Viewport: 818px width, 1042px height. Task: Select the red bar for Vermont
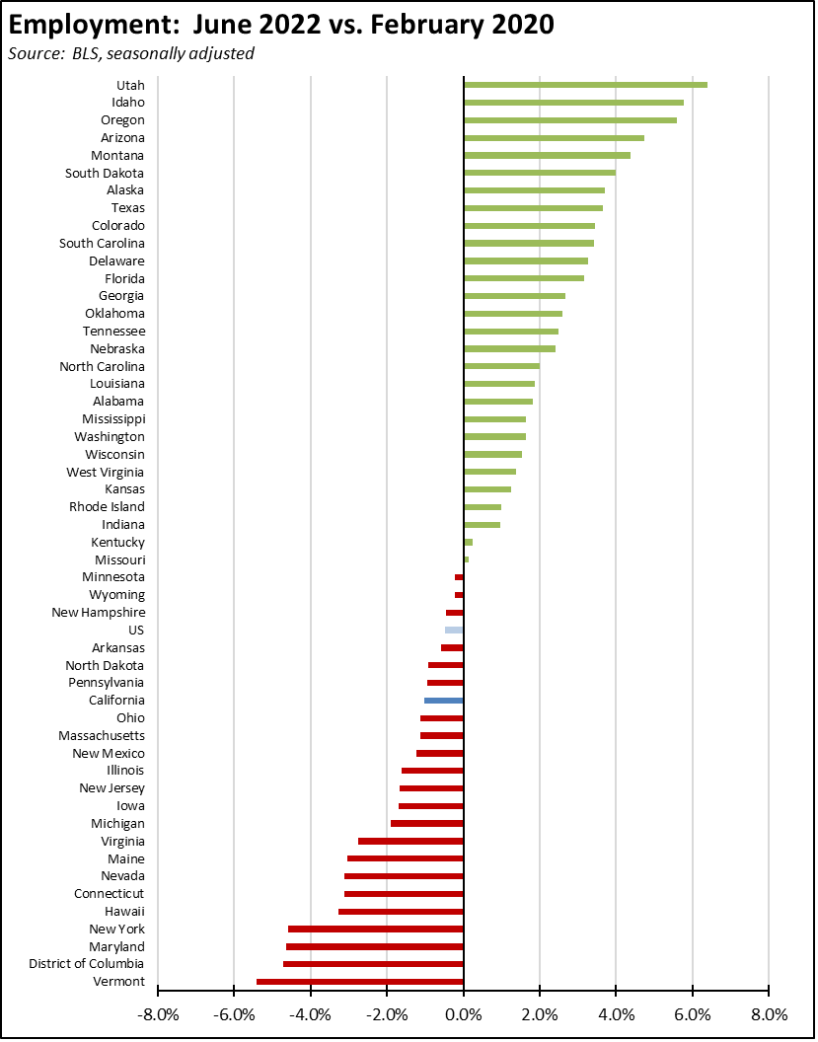tap(360, 982)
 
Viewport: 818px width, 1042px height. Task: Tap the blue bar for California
tap(444, 701)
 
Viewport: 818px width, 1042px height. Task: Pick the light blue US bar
tap(454, 630)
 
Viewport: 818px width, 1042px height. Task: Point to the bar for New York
tap(376, 929)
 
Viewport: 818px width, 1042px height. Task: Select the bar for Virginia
tap(410, 841)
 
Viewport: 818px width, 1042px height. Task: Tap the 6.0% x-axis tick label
tap(692, 1013)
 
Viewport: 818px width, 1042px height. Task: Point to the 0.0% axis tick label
tap(463, 1013)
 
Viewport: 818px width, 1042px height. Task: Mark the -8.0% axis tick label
tap(157, 1013)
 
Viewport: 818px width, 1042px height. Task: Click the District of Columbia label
tap(87, 964)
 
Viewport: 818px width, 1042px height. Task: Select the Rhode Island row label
tap(107, 507)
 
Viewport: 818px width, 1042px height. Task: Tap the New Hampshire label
tap(99, 613)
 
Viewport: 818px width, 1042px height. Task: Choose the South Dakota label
tap(105, 173)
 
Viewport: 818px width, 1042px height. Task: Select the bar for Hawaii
tap(401, 911)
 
